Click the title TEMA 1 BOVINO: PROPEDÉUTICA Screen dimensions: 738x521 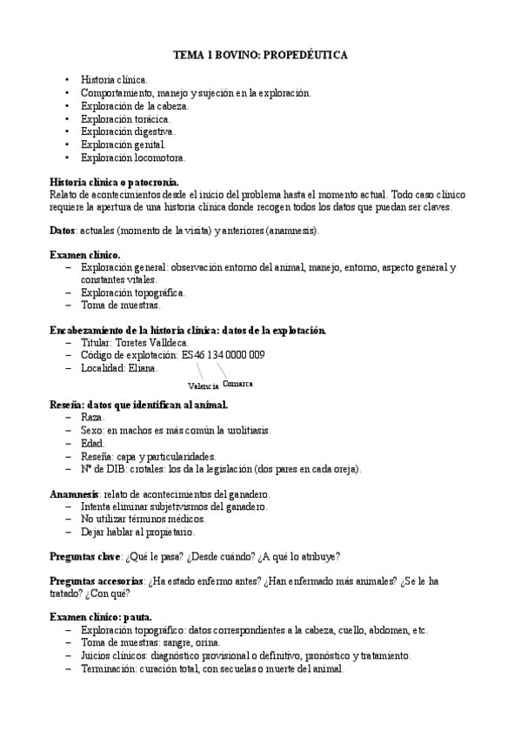point(260,55)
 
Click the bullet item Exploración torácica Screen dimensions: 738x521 point(125,118)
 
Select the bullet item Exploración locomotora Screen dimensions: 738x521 point(132,158)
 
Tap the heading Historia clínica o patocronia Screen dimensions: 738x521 point(115,182)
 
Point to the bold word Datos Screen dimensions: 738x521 point(64,231)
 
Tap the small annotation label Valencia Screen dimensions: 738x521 point(203,386)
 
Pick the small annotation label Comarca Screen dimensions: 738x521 point(237,383)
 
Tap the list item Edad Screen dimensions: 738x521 point(93,443)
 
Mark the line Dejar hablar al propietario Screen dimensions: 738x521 point(137,532)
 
